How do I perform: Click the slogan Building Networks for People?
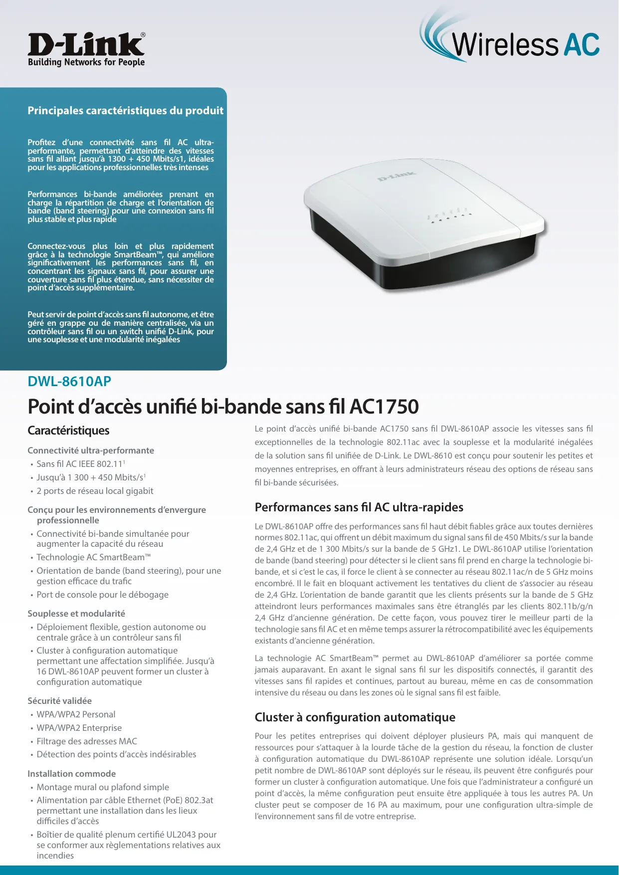86,62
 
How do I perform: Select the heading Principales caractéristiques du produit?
125,111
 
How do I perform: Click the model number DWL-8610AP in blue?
69,382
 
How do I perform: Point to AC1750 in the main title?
384,407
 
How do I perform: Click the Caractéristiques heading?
68,431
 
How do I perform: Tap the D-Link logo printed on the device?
397,176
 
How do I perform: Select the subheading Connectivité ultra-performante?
91,450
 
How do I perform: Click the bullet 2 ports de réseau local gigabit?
95,491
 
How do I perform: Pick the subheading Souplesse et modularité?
76,614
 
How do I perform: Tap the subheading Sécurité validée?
59,701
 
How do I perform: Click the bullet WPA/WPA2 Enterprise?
79,728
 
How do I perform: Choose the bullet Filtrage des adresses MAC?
87,741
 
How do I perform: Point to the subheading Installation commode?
71,774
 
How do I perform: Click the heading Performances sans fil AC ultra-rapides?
359,507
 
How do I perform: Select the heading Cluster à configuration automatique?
355,717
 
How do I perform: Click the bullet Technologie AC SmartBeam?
93,557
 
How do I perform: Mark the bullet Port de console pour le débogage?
102,595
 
